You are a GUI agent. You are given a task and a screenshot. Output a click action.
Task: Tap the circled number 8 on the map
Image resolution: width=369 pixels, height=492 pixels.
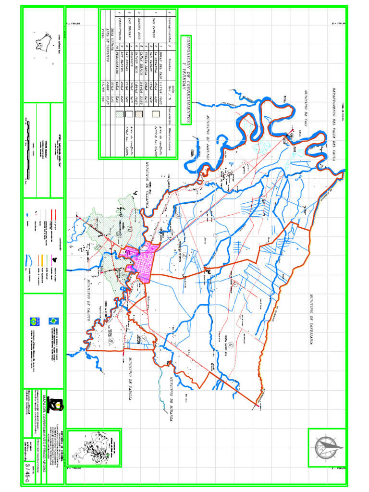pyautogui.click(x=111, y=342)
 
